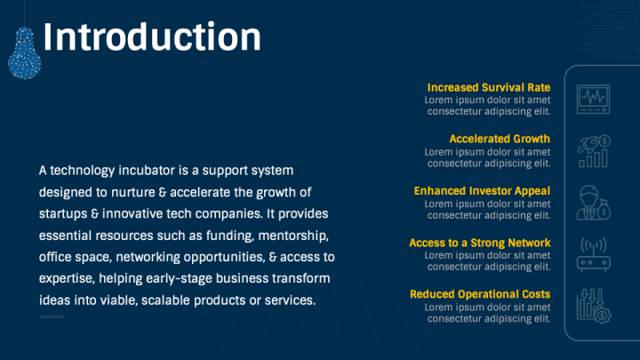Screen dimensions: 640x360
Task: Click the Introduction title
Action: (152, 36)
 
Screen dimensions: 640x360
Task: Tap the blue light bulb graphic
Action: (25, 53)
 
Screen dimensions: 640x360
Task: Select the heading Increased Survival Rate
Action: (489, 87)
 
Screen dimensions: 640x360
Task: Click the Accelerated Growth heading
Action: (500, 139)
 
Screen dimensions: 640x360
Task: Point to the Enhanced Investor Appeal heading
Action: (482, 191)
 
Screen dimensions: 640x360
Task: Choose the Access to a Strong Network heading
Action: (480, 243)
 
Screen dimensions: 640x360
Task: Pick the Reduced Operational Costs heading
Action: (480, 294)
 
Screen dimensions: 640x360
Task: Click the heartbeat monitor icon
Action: (594, 100)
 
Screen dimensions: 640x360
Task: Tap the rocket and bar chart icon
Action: (594, 151)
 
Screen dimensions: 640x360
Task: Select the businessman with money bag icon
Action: (594, 203)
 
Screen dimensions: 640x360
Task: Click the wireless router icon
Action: (594, 254)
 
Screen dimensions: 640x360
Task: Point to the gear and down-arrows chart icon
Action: (594, 306)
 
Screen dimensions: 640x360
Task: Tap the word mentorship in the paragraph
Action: (293, 236)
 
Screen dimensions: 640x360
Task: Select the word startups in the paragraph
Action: (63, 214)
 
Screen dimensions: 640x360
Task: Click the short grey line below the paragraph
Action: (52, 316)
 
